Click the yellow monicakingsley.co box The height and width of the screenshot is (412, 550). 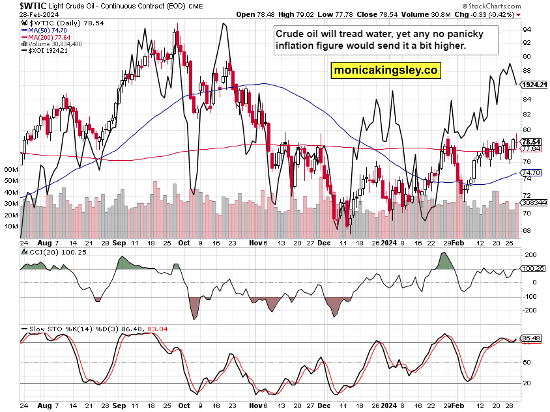point(385,70)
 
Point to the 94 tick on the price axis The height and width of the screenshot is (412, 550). point(525,29)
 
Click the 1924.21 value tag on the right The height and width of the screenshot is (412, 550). point(534,85)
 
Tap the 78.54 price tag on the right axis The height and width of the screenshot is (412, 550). point(532,142)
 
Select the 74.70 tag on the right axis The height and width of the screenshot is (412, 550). point(532,172)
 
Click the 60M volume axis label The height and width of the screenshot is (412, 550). point(10,169)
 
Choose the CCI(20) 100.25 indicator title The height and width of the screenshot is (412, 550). point(47,251)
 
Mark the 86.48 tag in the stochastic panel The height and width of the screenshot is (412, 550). point(532,338)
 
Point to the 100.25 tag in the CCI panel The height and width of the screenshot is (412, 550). point(534,268)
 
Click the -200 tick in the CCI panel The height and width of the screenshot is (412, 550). point(528,310)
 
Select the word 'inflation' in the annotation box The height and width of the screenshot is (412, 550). point(301,46)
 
